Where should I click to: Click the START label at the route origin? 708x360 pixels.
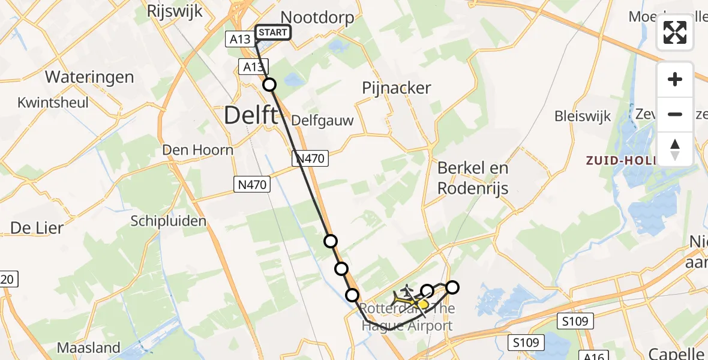[274, 32]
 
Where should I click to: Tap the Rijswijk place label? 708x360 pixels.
[175, 11]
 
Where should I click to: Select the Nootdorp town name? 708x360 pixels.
[317, 17]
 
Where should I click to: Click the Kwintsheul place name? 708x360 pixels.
[53, 102]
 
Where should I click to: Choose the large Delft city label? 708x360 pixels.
[251, 115]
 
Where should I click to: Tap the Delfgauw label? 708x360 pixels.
[322, 121]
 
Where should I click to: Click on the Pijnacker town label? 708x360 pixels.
[396, 88]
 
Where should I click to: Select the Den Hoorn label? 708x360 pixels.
[197, 149]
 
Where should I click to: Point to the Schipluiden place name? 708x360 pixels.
[169, 221]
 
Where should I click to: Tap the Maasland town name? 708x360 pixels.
[88, 347]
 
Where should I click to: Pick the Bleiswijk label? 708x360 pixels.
[583, 116]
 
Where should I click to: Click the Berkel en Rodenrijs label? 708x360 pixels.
[473, 178]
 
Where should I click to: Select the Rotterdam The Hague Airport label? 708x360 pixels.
[408, 317]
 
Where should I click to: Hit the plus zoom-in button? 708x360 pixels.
[675, 79]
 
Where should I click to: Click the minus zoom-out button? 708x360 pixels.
[675, 114]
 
